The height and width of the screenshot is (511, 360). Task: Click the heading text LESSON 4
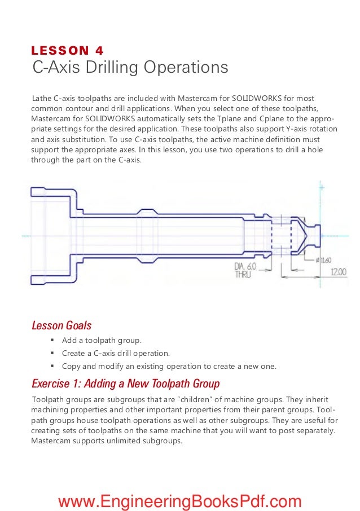pos(67,51)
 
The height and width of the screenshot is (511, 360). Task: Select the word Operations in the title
pos(186,68)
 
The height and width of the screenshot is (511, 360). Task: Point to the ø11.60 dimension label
pos(324,259)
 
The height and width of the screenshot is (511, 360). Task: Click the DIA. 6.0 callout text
pos(245,266)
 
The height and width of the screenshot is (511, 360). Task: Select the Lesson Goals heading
pos(62,325)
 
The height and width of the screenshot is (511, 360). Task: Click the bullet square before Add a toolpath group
pos(51,341)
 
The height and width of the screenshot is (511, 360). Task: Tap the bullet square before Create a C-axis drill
pos(51,354)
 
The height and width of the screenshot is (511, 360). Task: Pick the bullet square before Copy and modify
pos(51,367)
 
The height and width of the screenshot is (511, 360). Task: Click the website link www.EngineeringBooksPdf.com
pos(179,500)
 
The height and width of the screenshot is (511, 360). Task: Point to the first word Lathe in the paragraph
pos(42,98)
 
